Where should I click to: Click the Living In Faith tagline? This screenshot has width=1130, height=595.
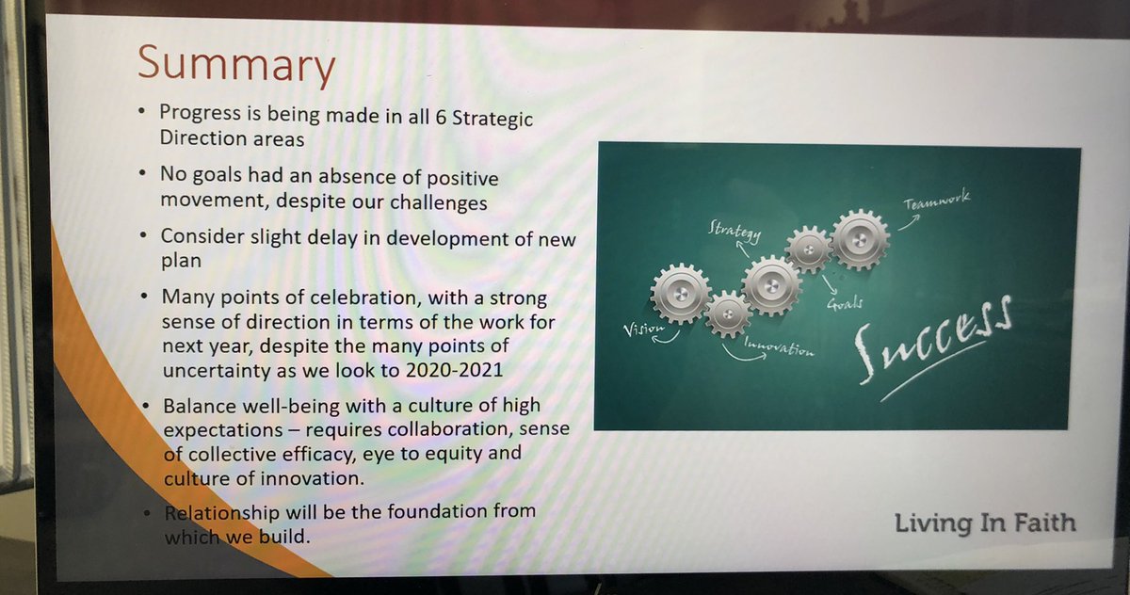point(984,523)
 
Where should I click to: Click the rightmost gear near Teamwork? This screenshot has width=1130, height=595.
point(860,239)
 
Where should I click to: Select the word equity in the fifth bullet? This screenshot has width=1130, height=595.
point(456,456)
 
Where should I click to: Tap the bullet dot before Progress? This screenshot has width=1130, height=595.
point(140,113)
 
